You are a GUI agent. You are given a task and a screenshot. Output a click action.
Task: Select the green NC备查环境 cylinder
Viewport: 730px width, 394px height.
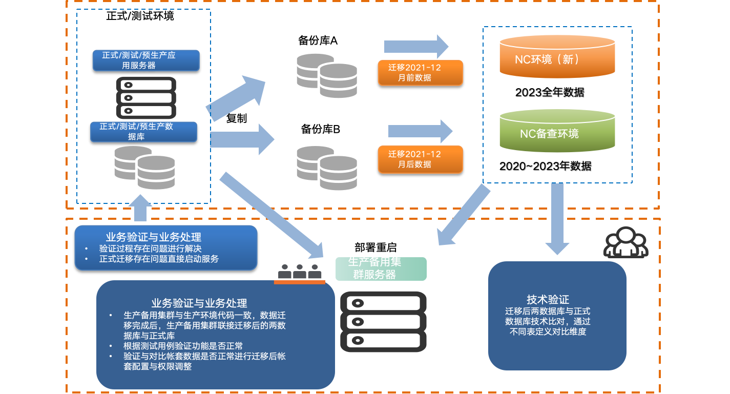click(x=557, y=131)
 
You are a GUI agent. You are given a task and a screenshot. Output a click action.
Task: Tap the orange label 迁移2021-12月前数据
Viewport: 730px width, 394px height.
click(x=420, y=73)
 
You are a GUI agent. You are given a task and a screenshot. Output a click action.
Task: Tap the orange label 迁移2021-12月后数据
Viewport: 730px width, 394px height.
click(x=420, y=159)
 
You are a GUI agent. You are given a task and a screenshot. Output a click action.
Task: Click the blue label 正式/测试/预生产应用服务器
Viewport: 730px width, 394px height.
click(x=145, y=60)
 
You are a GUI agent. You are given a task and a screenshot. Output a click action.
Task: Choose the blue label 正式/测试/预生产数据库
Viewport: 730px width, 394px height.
click(x=143, y=131)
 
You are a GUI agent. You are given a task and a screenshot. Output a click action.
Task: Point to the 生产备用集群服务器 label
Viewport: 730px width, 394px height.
click(x=381, y=268)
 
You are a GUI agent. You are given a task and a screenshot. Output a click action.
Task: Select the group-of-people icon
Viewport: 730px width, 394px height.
click(x=625, y=242)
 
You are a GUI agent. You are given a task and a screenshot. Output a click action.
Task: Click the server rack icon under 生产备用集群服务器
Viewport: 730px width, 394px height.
click(x=383, y=322)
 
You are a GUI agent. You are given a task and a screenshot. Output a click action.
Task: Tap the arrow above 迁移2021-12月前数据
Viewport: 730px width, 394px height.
click(x=416, y=47)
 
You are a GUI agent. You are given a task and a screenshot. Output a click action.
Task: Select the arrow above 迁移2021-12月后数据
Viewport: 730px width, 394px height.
click(x=420, y=131)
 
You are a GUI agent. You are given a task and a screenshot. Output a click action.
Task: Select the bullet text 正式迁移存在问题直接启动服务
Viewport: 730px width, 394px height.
click(x=159, y=259)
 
